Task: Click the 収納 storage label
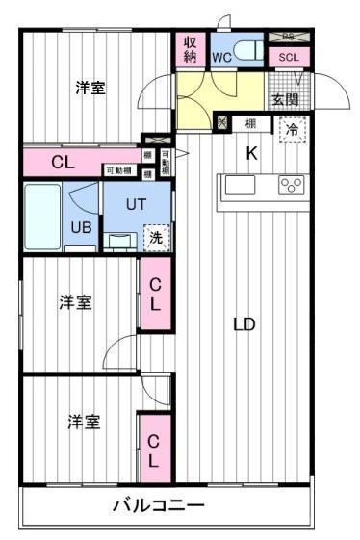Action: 190,49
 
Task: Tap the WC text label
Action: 221,57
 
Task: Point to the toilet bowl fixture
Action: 247,51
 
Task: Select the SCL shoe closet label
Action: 289,57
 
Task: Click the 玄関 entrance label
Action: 284,99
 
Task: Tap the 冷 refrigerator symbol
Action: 290,127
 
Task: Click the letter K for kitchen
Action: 252,152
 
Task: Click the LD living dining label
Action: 244,324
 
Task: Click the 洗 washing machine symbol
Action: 154,238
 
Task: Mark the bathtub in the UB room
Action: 43,217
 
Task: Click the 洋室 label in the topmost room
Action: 90,89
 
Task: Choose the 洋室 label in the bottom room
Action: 83,422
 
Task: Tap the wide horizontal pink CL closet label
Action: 63,163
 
